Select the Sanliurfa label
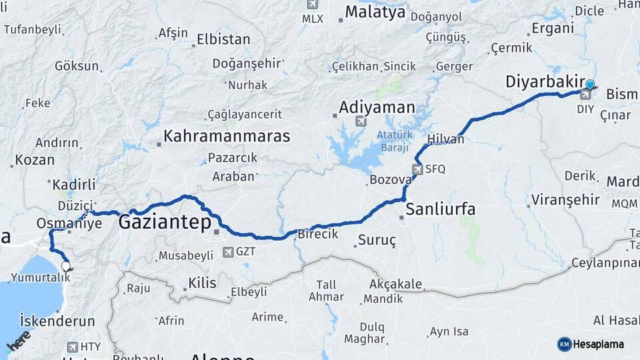441,209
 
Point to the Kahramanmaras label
227,136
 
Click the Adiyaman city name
377,107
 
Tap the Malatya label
375,12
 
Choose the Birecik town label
317,234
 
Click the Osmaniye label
70,223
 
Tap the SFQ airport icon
418,169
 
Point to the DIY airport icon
585,95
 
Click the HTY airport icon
73,347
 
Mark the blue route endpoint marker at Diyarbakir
590,84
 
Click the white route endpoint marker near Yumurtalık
65,266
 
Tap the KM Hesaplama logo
591,344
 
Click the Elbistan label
223,39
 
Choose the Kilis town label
202,283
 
